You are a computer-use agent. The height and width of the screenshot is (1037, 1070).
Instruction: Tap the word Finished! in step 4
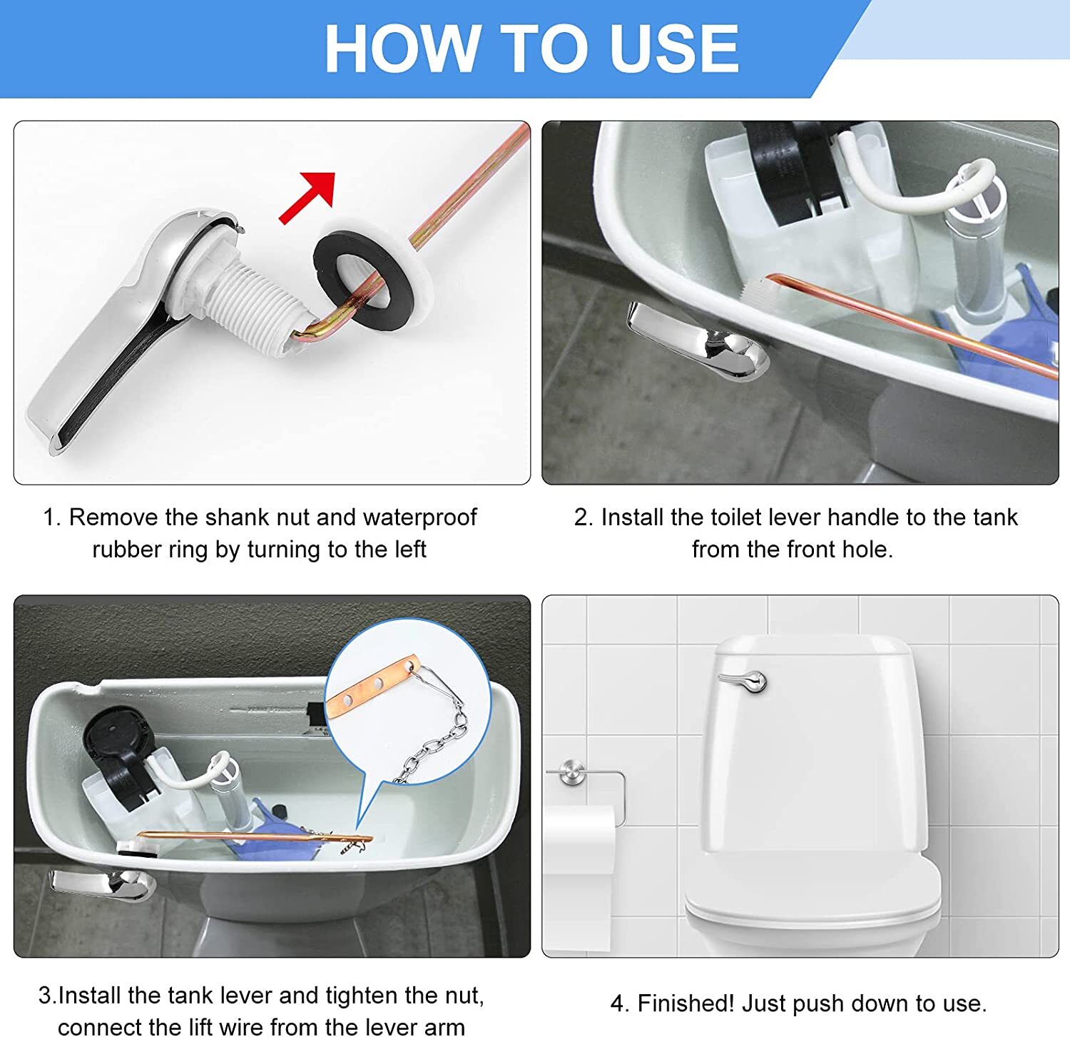(x=685, y=1003)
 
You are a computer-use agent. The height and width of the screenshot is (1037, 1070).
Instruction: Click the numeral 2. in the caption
(x=584, y=517)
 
